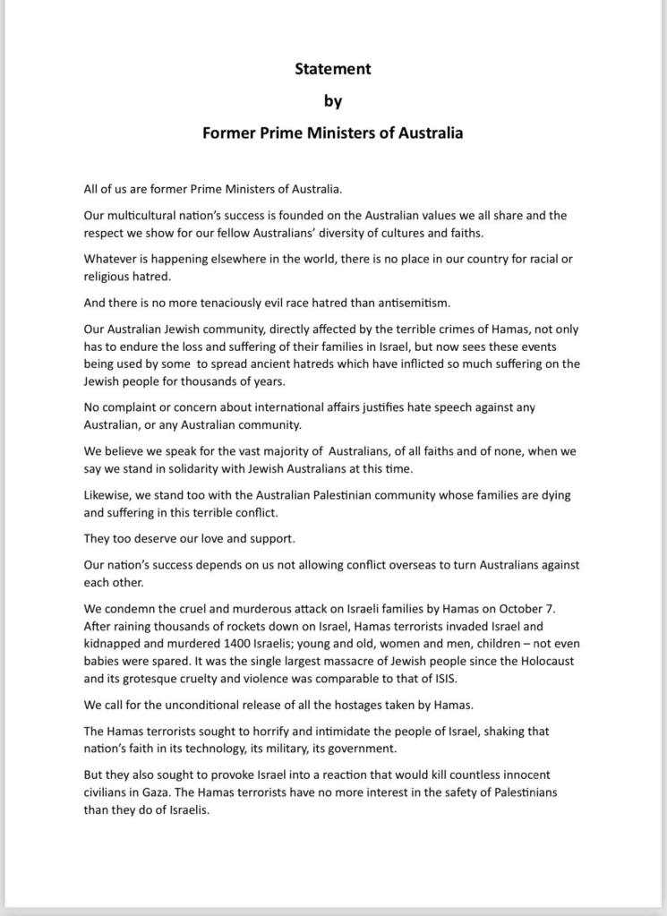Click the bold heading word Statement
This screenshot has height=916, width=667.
coord(333,68)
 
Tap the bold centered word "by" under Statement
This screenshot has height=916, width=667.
coord(333,100)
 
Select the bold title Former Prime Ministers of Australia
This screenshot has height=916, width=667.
coord(333,133)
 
